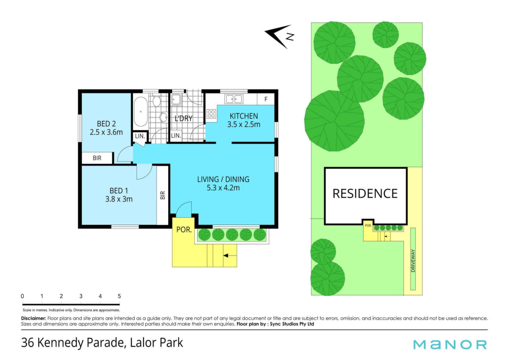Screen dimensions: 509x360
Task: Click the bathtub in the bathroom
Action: point(141,112)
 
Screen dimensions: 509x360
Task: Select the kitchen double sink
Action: point(234,99)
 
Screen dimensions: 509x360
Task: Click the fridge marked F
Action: point(266,99)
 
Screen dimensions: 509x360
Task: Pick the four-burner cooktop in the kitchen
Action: point(211,114)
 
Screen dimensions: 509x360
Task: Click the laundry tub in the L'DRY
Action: point(176,99)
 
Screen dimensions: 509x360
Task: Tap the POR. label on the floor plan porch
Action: point(184,229)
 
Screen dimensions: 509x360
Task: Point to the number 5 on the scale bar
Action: point(119,296)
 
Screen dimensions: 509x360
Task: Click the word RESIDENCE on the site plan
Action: point(365,193)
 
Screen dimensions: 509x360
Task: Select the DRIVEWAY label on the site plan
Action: point(413,261)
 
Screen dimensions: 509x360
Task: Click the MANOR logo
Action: point(450,344)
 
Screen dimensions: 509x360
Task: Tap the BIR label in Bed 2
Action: point(97,158)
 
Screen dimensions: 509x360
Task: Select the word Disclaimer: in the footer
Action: point(34,318)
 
